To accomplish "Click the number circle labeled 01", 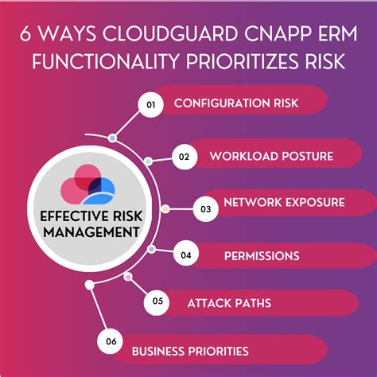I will (x=150, y=103).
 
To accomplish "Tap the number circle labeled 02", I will (x=183, y=156).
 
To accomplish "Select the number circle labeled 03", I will (x=205, y=209).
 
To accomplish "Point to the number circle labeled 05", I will (x=157, y=301).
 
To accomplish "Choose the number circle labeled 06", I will (x=111, y=342).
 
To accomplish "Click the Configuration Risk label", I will (x=230, y=103).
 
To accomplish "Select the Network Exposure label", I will (x=284, y=202).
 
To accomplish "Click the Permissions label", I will (x=261, y=255).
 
